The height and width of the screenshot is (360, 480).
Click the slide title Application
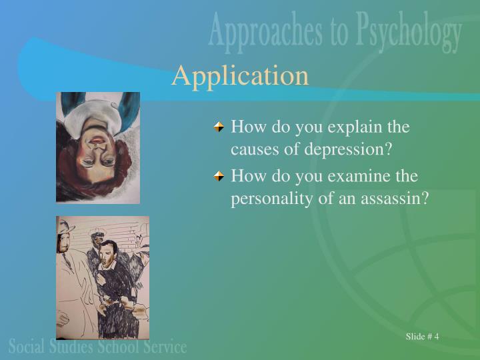coord(240,75)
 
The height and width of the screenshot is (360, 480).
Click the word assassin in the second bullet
coord(398,199)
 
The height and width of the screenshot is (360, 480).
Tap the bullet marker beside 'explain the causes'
coord(219,126)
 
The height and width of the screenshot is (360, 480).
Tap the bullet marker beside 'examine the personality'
coord(219,176)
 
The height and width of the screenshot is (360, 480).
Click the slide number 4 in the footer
coord(436,336)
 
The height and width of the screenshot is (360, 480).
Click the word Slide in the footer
coord(415,336)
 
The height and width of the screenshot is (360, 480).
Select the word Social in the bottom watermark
coord(27,346)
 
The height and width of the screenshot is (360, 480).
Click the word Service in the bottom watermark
coord(163,346)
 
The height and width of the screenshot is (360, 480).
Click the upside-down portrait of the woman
coord(98,147)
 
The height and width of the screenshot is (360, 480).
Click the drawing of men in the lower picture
coord(103,277)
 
